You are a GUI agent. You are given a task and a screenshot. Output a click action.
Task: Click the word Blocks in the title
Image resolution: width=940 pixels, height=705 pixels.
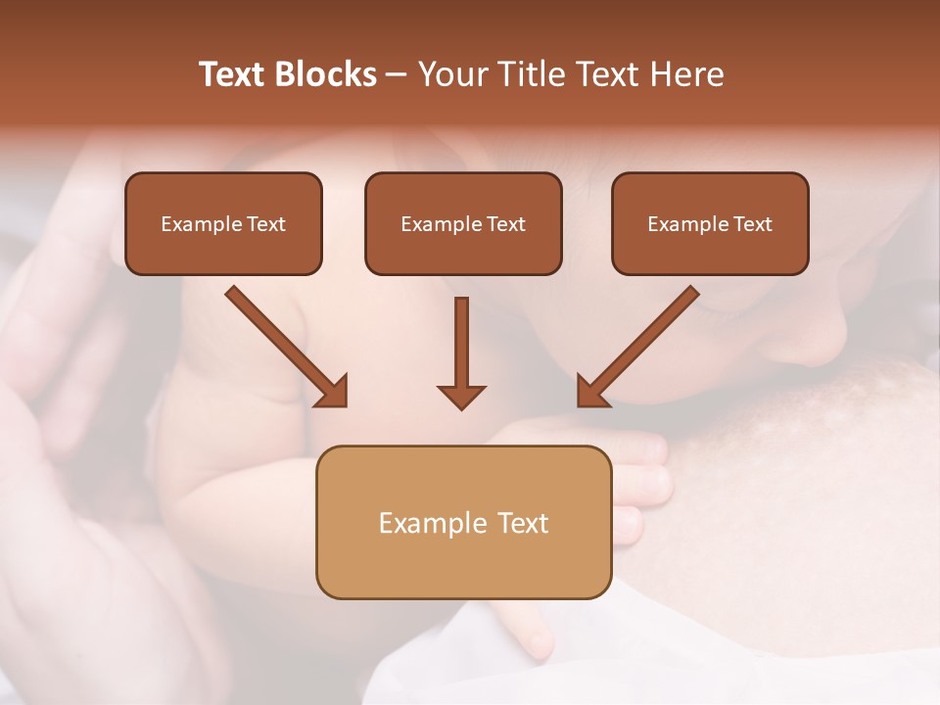[x=326, y=74]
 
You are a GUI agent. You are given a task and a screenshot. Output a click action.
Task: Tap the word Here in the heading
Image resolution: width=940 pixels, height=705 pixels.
[x=684, y=74]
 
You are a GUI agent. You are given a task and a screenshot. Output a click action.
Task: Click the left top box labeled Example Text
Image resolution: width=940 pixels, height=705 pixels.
[x=223, y=223]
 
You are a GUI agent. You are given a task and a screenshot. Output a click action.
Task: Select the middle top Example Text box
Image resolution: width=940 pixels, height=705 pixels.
[x=463, y=223]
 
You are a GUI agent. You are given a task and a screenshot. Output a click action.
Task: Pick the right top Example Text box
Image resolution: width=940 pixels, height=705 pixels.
[x=710, y=223]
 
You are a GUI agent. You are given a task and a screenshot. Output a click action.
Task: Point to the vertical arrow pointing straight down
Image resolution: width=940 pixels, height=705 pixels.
[x=461, y=348]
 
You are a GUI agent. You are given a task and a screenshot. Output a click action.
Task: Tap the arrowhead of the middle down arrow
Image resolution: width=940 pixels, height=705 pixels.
[x=461, y=396]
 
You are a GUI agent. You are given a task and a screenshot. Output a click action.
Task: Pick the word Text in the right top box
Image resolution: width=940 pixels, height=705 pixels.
[x=753, y=224]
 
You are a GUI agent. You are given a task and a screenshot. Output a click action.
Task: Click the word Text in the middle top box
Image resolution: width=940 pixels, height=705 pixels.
[x=506, y=224]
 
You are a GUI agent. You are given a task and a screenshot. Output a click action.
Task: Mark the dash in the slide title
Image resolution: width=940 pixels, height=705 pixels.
[x=398, y=74]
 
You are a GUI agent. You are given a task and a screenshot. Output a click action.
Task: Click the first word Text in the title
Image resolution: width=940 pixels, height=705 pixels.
[x=233, y=74]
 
